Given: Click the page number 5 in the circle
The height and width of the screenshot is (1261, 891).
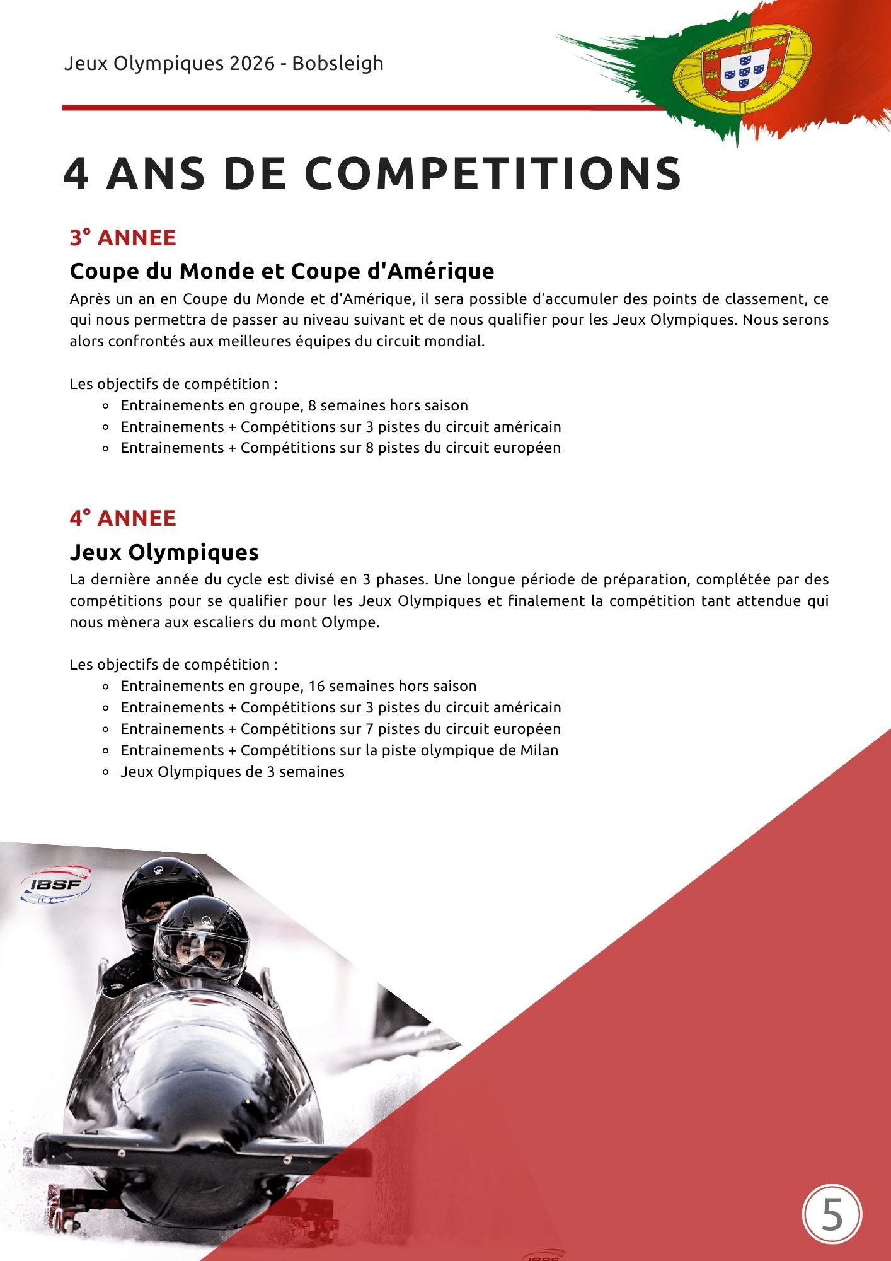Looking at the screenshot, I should click(x=832, y=1214).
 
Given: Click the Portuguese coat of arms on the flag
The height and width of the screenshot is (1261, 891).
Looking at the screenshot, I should click(x=742, y=66).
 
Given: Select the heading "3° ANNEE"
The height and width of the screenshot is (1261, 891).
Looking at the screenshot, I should click(x=123, y=238).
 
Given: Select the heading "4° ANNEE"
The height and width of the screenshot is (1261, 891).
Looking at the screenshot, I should click(x=123, y=518).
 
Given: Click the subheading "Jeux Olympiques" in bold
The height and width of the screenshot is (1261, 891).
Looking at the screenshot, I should click(x=164, y=552).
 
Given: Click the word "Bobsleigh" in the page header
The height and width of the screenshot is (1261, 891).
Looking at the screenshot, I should click(x=338, y=64).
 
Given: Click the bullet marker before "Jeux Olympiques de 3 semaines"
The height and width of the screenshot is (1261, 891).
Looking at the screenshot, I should click(x=106, y=772).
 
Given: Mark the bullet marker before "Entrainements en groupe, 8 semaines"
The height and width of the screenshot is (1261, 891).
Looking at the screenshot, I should click(x=106, y=406).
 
